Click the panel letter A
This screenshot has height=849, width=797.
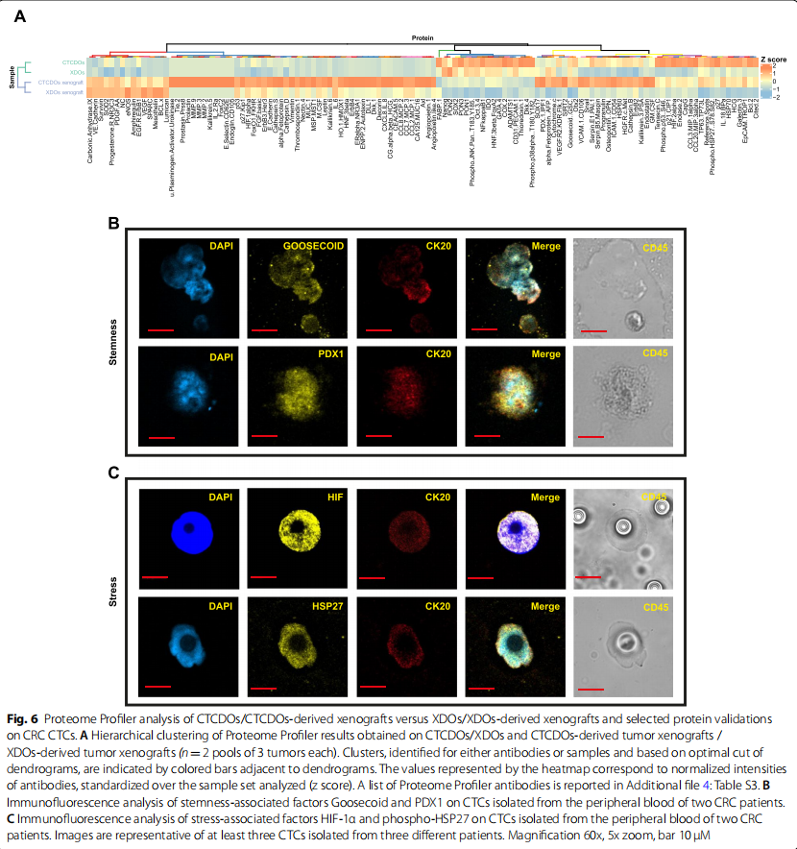click(20, 14)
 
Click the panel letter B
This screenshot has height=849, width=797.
click(113, 224)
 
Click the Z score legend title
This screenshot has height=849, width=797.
click(774, 59)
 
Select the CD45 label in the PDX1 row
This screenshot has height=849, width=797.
click(655, 353)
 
